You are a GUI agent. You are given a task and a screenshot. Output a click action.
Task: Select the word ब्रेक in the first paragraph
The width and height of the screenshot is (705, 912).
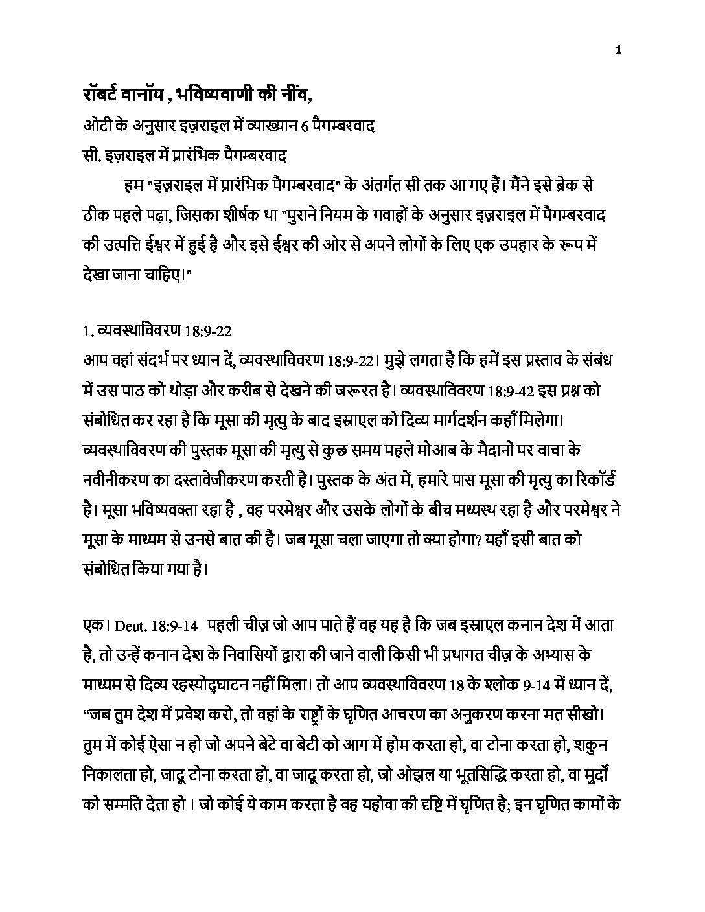click(x=561, y=187)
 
